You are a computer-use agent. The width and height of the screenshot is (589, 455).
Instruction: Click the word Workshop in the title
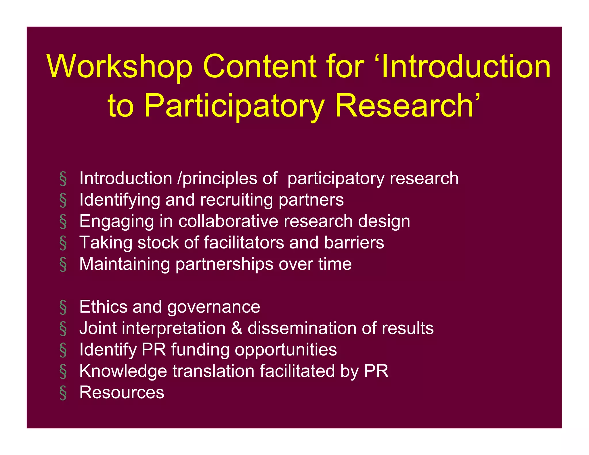click(x=119, y=67)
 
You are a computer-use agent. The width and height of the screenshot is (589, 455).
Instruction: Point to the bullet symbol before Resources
click(x=63, y=393)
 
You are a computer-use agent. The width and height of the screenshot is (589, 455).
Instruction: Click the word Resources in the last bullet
click(x=122, y=392)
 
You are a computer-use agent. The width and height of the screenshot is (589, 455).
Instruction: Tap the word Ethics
click(x=103, y=307)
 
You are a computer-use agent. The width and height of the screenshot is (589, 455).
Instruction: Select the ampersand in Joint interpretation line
click(x=236, y=328)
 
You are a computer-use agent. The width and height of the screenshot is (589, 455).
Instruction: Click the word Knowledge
click(x=123, y=371)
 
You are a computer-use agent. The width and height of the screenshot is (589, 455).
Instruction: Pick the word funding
click(x=200, y=350)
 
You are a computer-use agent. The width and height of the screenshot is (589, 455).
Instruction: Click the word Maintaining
click(x=125, y=264)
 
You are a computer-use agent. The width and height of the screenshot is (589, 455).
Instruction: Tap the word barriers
click(x=354, y=242)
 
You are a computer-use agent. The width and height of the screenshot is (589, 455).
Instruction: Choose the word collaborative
click(x=228, y=221)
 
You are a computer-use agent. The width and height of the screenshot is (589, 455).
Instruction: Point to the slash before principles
click(x=180, y=178)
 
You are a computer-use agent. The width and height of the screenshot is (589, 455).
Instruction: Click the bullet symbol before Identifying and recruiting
click(x=63, y=200)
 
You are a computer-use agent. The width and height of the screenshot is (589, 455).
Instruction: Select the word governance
click(x=213, y=307)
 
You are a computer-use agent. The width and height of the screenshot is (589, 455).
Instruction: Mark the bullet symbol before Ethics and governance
click(x=63, y=307)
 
